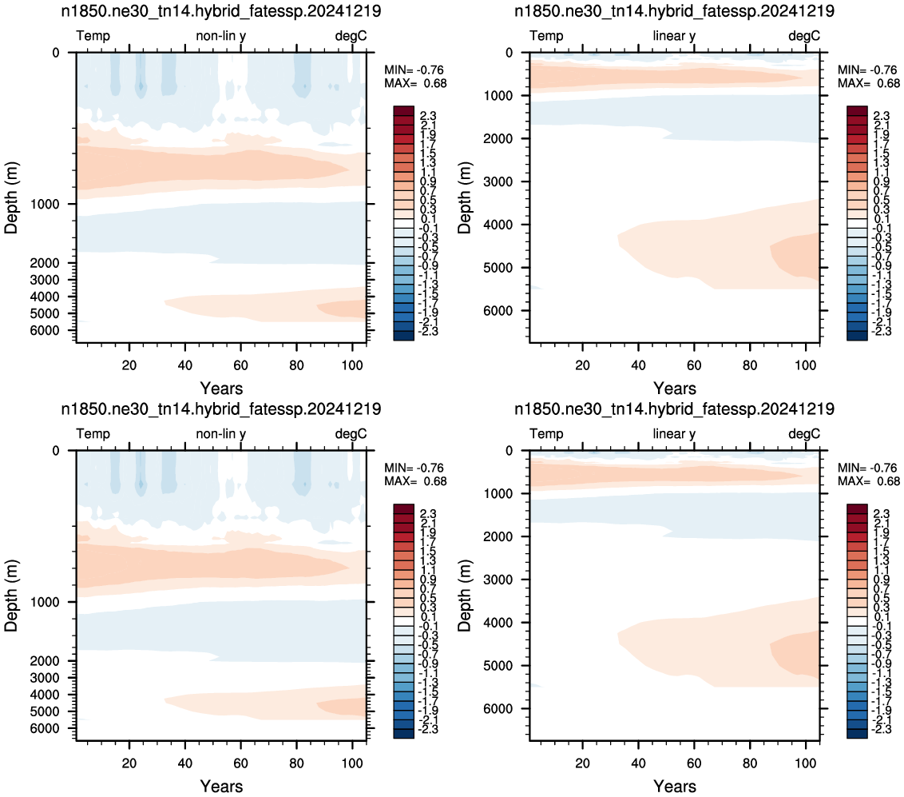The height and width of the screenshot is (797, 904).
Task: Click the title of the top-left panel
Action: point(221,11)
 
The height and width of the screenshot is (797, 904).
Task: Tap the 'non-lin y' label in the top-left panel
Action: point(221,36)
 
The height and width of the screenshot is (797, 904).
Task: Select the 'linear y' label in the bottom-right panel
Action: point(674,434)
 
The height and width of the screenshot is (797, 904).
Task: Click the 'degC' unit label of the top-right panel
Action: point(804,36)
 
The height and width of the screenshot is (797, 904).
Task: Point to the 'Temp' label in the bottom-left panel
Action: point(93,434)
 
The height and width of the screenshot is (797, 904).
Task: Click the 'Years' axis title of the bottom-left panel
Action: point(221,786)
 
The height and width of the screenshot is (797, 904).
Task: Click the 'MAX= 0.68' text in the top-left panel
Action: point(416,83)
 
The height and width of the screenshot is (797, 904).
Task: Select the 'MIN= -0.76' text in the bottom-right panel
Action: point(868,468)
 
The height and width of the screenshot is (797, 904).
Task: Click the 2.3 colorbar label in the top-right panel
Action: point(882,116)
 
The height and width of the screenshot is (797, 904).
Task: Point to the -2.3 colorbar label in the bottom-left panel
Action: point(428,729)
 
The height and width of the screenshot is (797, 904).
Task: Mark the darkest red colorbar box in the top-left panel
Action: point(403,111)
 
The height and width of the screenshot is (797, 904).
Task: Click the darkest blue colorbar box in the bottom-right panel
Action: point(857,734)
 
